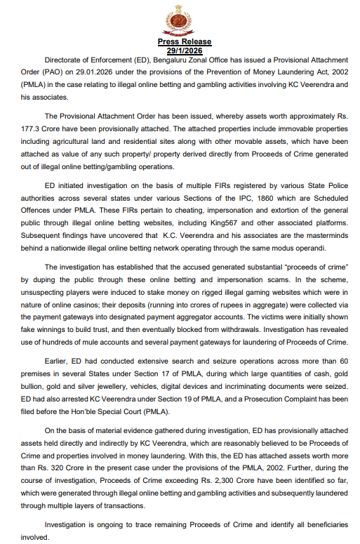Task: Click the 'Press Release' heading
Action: point(180,43)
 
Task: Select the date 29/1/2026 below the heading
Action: point(180,51)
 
